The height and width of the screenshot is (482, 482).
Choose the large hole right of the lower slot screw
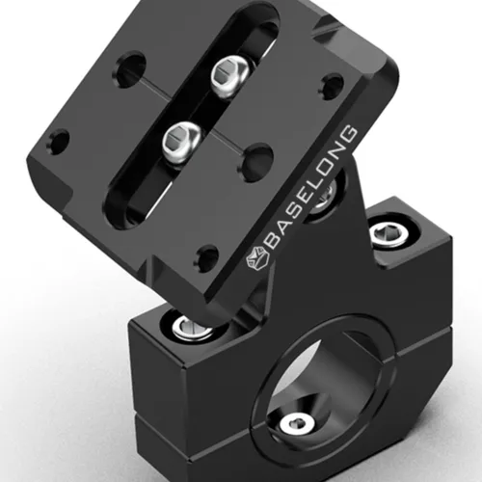[256, 159]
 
